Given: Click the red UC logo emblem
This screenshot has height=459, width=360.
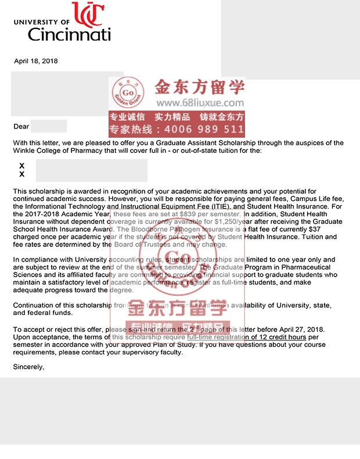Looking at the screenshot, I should tap(88, 14).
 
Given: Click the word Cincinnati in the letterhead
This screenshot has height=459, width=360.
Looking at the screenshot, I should tap(69, 34).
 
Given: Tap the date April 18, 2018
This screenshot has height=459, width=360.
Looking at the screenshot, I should tap(36, 61).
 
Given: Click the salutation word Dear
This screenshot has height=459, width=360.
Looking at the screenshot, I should tap(21, 126).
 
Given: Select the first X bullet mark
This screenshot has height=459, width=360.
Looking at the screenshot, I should tap(22, 166).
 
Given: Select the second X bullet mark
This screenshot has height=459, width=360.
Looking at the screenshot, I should tap(22, 174).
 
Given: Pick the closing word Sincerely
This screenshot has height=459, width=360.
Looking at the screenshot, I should tap(29, 367).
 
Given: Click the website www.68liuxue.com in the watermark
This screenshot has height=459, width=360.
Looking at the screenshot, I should tap(200, 102).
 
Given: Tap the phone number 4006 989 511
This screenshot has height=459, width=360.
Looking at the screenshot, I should tap(201, 130).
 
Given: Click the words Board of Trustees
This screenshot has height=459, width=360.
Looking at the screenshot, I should tap(143, 245).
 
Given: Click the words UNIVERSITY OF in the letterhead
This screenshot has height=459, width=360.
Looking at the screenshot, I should tap(41, 21).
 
